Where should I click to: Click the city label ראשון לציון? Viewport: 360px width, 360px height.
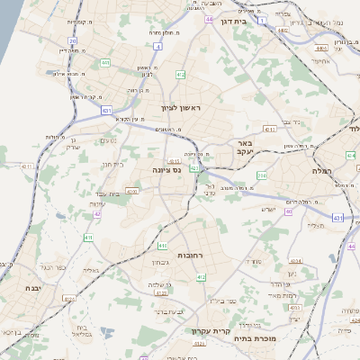coord(184,109)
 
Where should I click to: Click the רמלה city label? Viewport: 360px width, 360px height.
coord(322,170)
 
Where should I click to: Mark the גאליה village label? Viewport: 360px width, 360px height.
coord(90,269)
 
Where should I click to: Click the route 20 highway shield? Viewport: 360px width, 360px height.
coord(72,41)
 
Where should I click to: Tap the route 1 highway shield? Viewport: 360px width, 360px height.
coord(260,19)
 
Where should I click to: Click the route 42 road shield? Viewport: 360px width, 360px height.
coord(96,214)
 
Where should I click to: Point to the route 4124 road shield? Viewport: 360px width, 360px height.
coord(67,297)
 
